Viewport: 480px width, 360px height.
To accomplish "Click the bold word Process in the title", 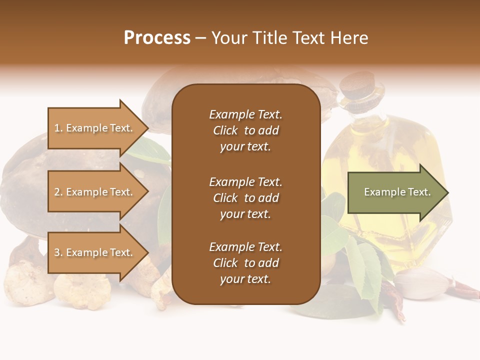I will click(157, 38).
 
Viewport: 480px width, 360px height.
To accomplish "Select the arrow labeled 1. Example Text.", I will click(95, 128).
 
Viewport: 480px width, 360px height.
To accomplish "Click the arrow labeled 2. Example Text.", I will click(95, 192).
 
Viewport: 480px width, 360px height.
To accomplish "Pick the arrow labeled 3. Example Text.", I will click(95, 252).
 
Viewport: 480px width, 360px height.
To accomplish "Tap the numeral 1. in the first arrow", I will click(58, 128).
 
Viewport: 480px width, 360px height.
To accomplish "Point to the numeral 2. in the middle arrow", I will click(58, 192).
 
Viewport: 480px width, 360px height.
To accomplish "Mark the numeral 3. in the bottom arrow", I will click(58, 252).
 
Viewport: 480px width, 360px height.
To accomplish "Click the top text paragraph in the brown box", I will click(245, 130).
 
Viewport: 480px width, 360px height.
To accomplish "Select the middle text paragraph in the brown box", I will click(245, 197).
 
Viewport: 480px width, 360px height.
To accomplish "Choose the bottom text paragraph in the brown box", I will click(245, 263).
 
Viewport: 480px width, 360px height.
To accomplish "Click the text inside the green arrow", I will click(397, 192).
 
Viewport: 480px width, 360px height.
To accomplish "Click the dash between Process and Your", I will click(201, 38).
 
